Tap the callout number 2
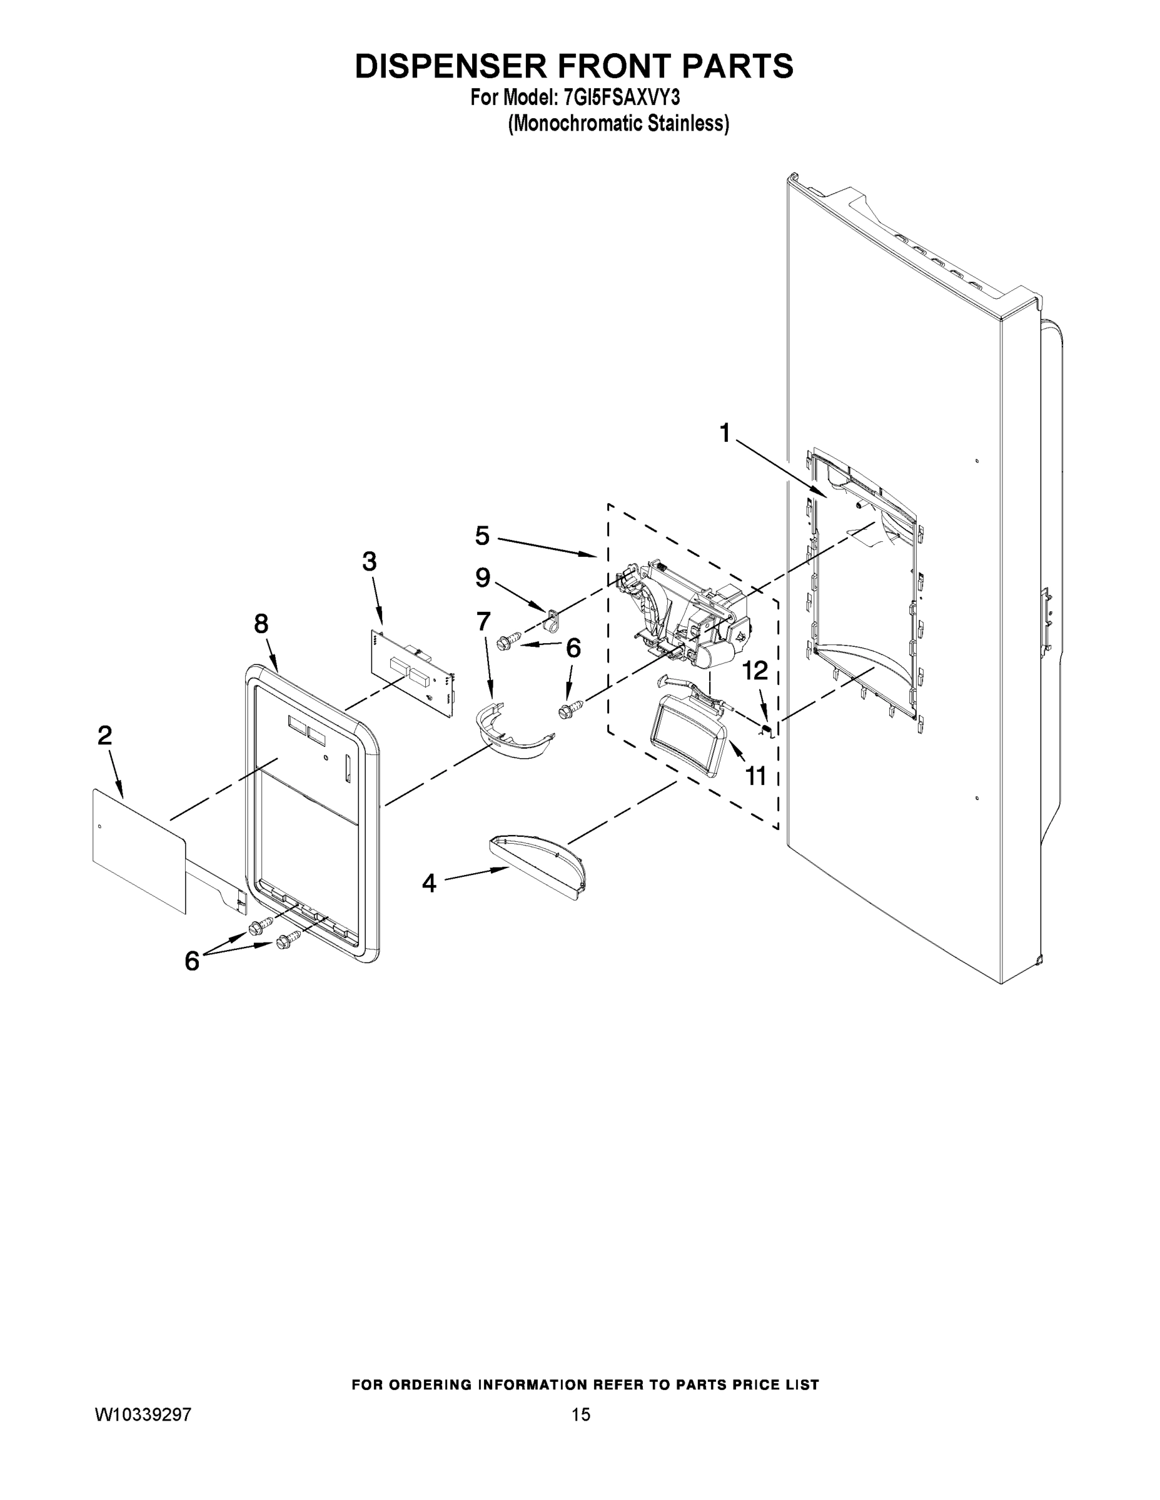pos(104,736)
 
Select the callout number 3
pos(369,561)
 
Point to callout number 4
pos(429,883)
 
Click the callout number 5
pos(482,536)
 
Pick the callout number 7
pos(484,622)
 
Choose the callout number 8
pos(261,624)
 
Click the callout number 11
pos(756,776)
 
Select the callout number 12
pos(755,671)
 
